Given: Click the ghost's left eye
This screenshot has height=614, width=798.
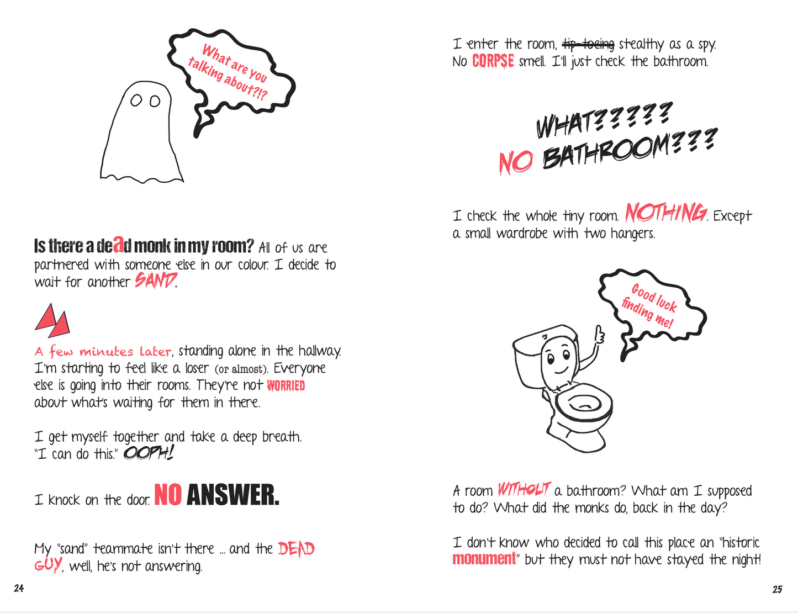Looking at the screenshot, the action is pyautogui.click(x=136, y=100).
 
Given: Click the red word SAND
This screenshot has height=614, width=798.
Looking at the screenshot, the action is pyautogui.click(x=155, y=280).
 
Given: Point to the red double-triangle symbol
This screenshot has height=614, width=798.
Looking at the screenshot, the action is pyautogui.click(x=52, y=320).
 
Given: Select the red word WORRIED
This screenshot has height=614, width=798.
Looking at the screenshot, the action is pyautogui.click(x=286, y=385).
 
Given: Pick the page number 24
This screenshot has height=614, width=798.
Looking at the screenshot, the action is pyautogui.click(x=19, y=588).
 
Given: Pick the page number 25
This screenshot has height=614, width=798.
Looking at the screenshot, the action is pyautogui.click(x=777, y=589).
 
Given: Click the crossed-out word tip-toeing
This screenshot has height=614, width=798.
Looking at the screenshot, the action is pyautogui.click(x=588, y=44).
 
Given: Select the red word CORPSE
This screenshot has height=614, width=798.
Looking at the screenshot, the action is pyautogui.click(x=493, y=61).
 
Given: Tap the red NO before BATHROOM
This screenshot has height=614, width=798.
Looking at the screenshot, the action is pyautogui.click(x=516, y=162).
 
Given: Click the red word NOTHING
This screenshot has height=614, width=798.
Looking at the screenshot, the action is pyautogui.click(x=666, y=213).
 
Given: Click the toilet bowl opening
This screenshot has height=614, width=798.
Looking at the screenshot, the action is pyautogui.click(x=584, y=404).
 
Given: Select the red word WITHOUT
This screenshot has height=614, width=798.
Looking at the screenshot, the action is pyautogui.click(x=524, y=489).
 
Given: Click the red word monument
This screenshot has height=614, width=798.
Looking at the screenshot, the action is pyautogui.click(x=484, y=559).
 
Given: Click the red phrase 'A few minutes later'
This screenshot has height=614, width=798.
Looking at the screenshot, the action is pyautogui.click(x=103, y=351).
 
